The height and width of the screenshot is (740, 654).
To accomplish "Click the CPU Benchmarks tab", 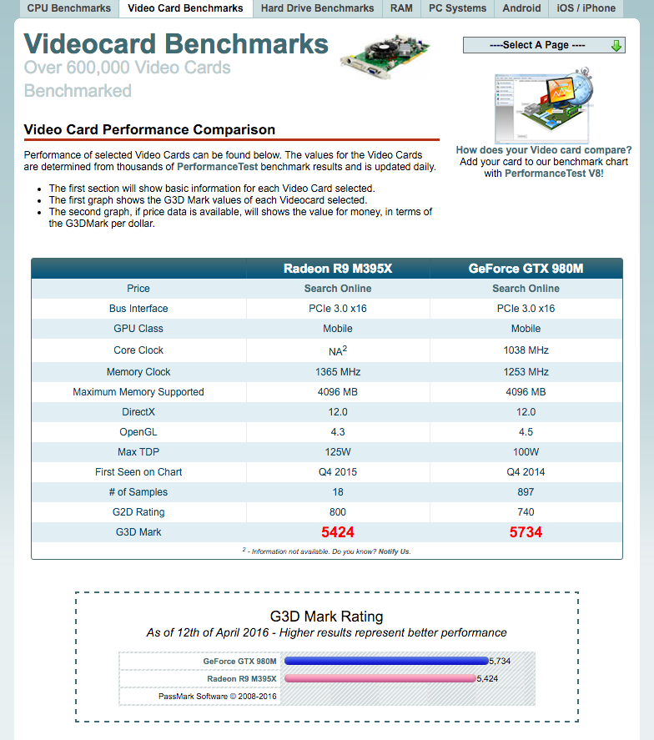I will pos(69,8).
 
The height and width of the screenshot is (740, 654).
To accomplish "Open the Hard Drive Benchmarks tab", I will pos(317,8).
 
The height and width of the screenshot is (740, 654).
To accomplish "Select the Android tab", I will pos(521,8).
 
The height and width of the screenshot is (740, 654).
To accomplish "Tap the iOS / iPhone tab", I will pos(586,8).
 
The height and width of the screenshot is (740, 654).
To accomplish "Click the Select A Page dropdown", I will pos(544,45).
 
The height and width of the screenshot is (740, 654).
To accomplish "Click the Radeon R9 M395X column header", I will pos(338,269).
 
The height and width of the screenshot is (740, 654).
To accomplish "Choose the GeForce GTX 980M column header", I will pos(526,269).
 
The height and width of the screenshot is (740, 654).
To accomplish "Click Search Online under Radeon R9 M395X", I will pos(338,289).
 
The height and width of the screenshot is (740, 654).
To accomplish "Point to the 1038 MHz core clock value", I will pos(526,350).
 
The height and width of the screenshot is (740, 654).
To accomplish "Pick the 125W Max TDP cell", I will pos(338,452).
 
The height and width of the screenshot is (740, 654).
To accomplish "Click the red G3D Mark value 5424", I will pos(338,532).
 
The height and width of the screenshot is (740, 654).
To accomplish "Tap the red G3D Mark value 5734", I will pos(526,532).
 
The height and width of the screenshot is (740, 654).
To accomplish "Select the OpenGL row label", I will pos(138,432).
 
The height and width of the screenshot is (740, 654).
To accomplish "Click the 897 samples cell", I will pos(526,492).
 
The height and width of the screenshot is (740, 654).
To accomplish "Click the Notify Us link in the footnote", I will pos(395,551).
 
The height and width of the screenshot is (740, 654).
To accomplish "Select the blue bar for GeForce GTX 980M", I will pos(386,661).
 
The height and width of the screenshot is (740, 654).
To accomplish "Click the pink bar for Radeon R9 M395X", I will pos(380,678).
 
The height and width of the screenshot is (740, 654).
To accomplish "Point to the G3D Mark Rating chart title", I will pos(327,617).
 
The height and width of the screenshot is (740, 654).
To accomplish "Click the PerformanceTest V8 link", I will pos(553,174).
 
